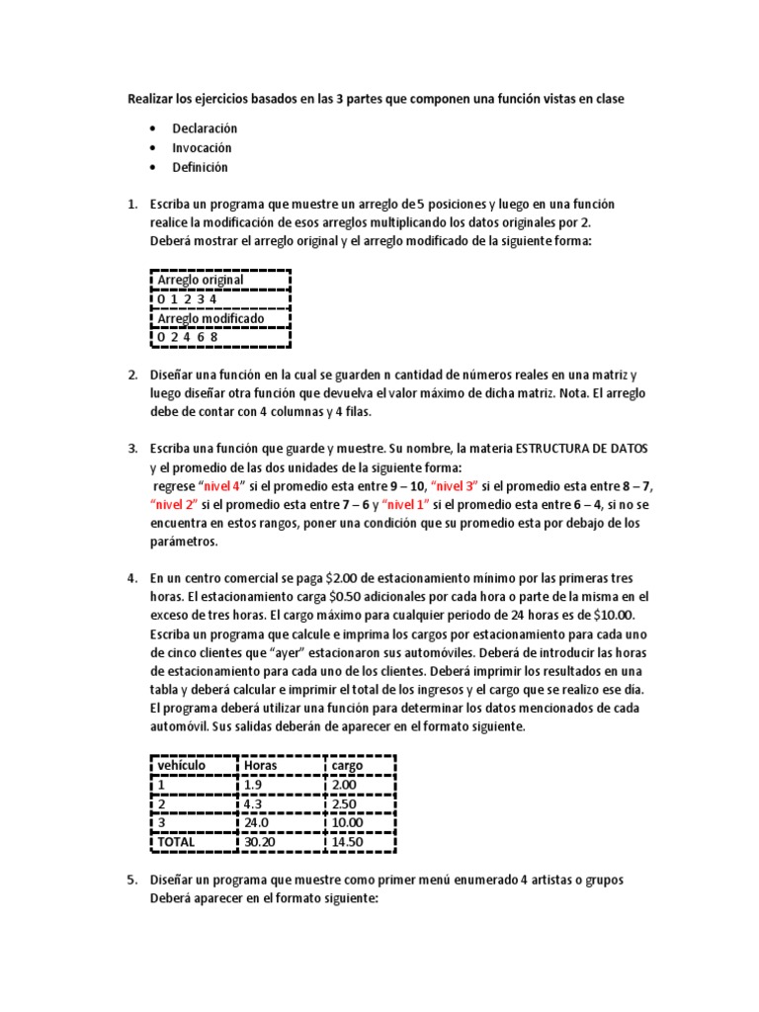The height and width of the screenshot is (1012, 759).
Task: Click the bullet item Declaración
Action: tap(205, 128)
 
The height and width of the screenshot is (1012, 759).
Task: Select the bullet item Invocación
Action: tap(202, 148)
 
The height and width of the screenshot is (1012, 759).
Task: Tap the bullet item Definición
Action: tap(200, 167)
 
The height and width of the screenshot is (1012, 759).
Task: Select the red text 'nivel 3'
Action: tap(455, 486)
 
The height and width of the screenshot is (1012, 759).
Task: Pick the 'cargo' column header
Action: tap(348, 765)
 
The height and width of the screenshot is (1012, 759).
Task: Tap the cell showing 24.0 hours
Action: tap(258, 822)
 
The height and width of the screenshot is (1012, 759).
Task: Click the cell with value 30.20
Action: tap(261, 841)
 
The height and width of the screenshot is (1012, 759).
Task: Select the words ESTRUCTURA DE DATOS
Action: tap(577, 449)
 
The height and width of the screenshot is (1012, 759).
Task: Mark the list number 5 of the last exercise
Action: tap(131, 880)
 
